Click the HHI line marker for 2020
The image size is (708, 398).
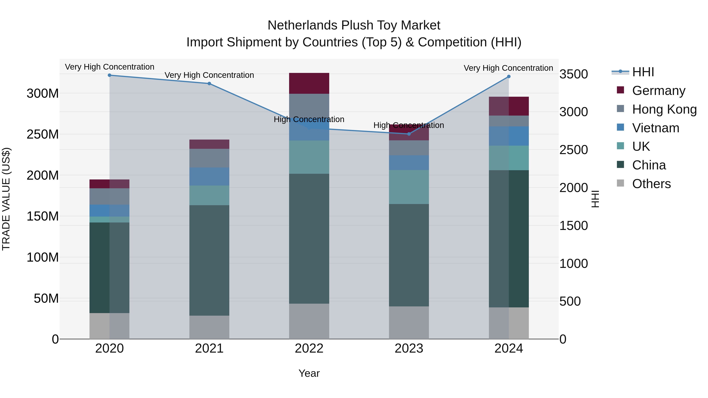[x=109, y=75]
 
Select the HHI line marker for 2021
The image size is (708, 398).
[x=209, y=84]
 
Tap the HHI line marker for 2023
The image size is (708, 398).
[x=409, y=134]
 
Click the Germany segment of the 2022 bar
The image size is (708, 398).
[x=309, y=83]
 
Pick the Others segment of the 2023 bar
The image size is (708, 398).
[x=409, y=323]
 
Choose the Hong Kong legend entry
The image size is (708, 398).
[x=664, y=109]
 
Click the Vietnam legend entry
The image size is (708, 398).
[x=655, y=128]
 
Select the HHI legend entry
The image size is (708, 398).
[x=643, y=72]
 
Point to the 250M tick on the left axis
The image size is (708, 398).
[x=43, y=134]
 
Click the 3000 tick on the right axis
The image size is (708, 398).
[x=574, y=112]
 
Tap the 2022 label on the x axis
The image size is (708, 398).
[x=309, y=348]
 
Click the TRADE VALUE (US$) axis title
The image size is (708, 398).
[x=6, y=199]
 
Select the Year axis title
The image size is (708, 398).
[x=309, y=373]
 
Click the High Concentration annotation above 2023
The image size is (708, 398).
[x=409, y=125]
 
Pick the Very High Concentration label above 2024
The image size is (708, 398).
[x=508, y=68]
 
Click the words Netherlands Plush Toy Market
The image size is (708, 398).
[x=354, y=25]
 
